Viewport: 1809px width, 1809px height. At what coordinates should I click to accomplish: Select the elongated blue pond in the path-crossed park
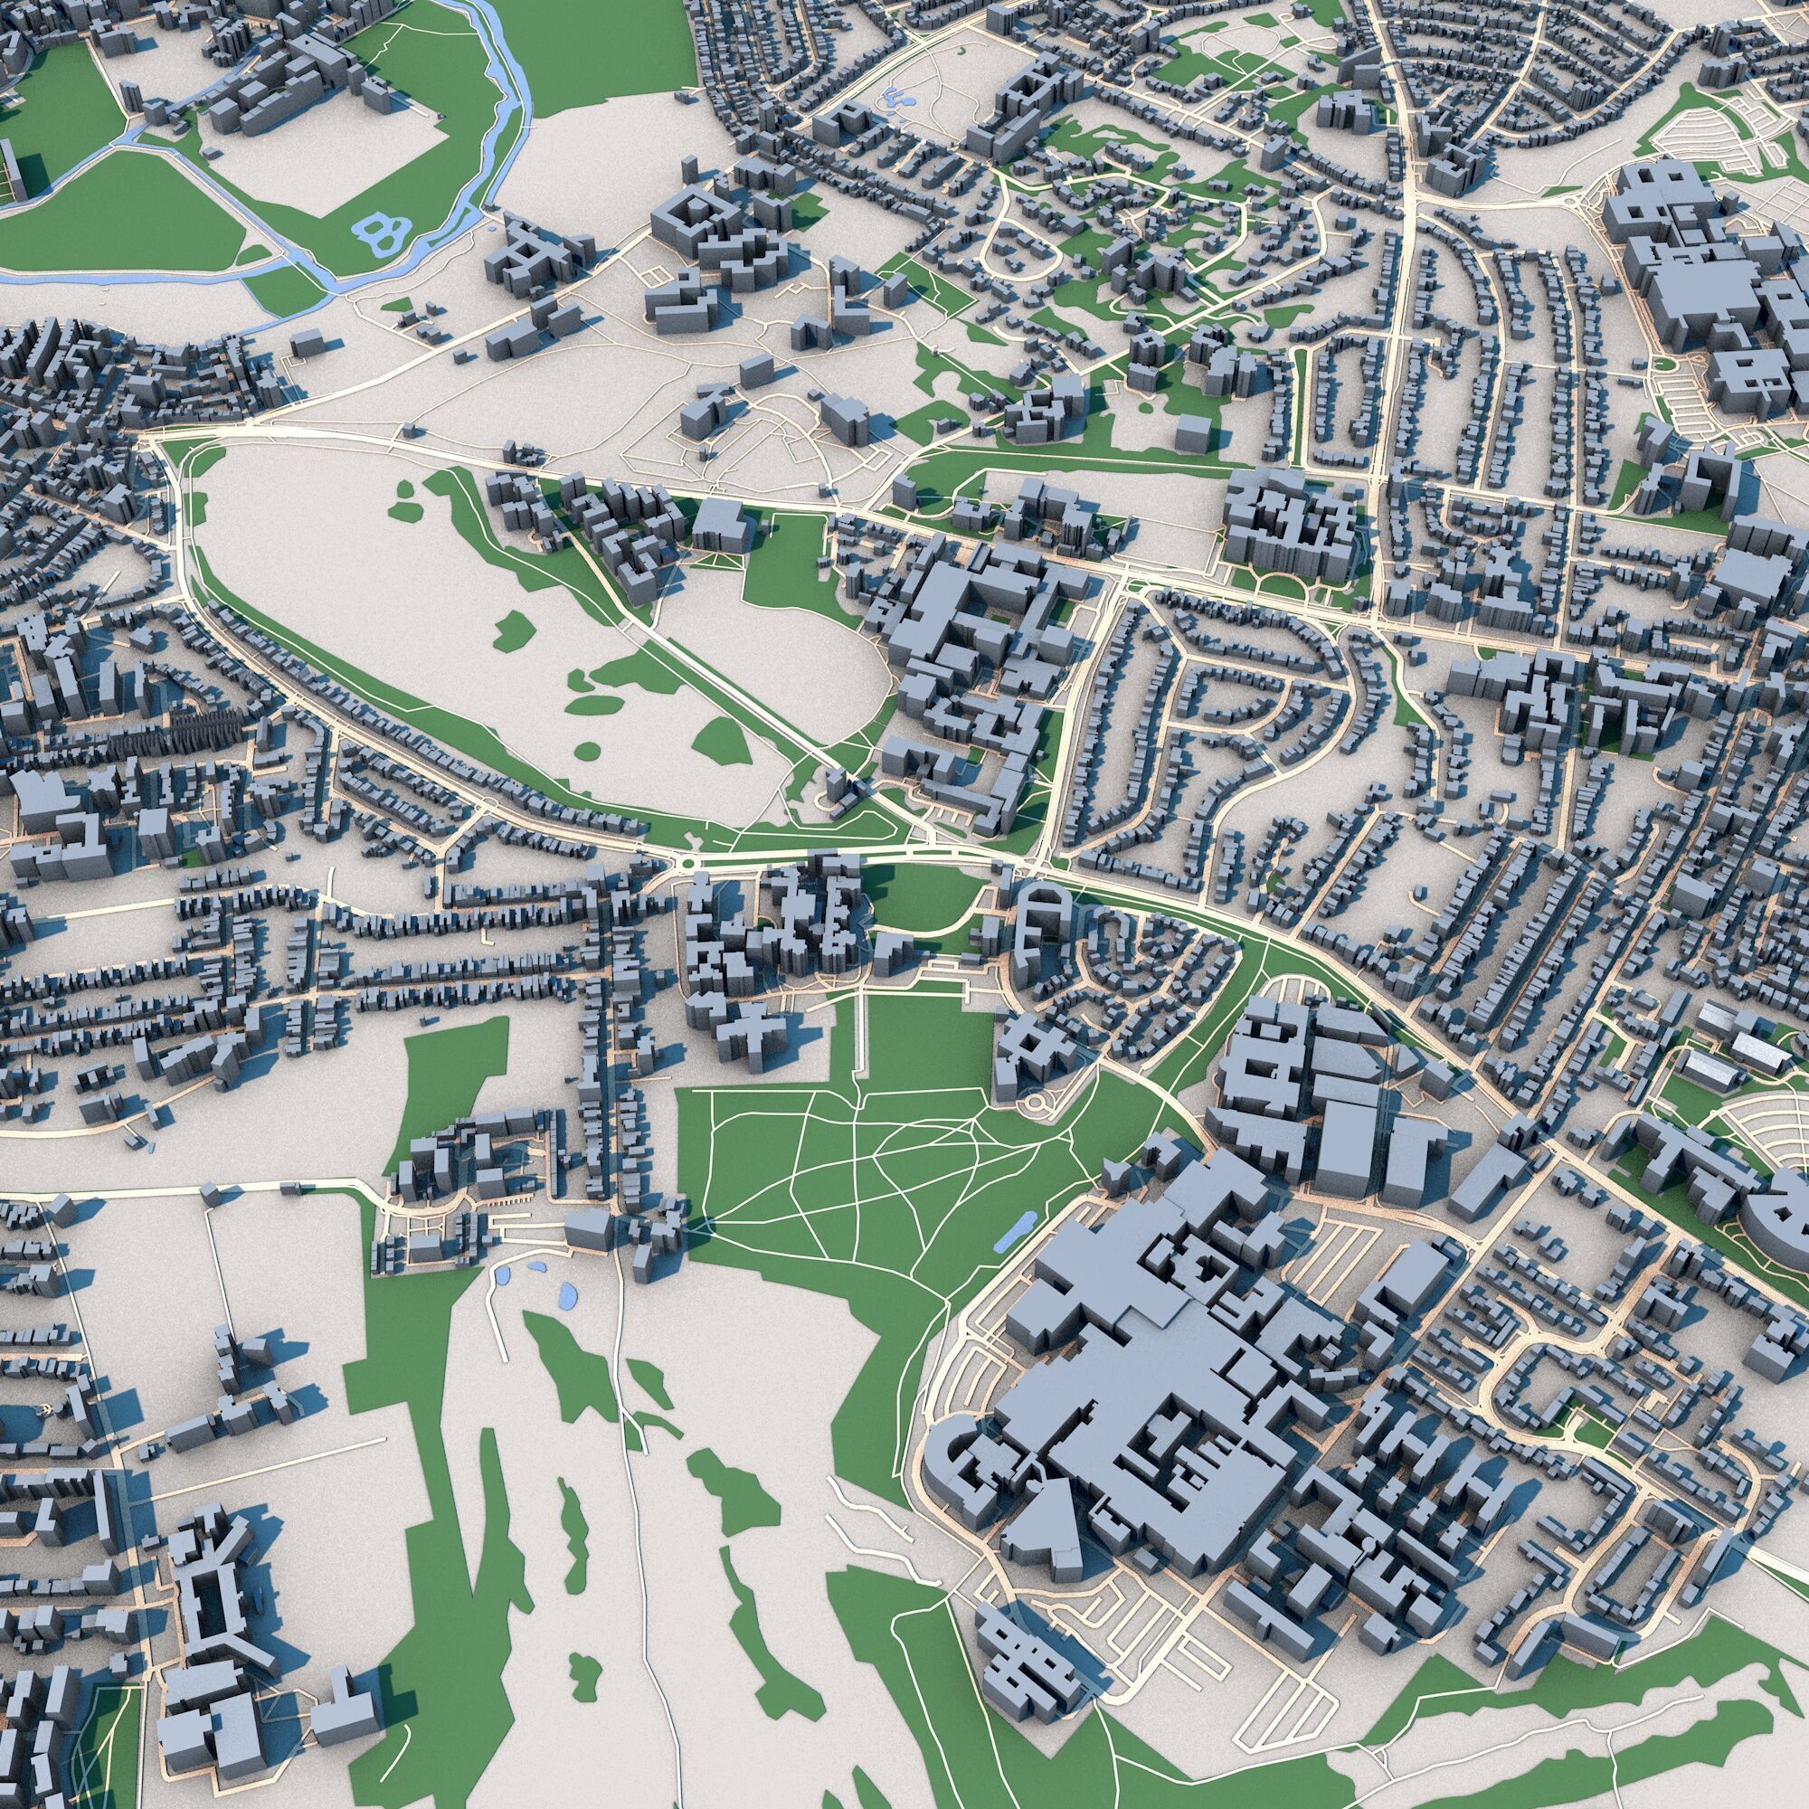(1014, 1234)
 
